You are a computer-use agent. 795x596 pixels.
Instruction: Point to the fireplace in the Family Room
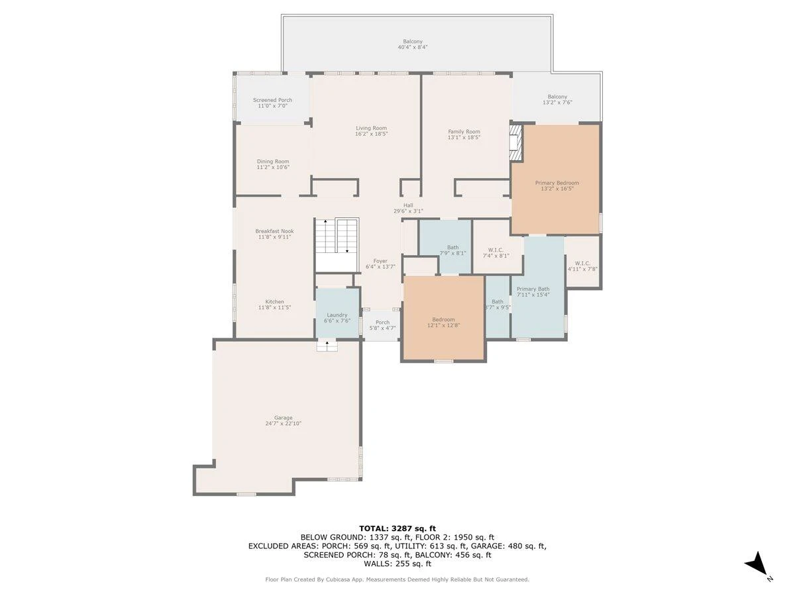(515, 142)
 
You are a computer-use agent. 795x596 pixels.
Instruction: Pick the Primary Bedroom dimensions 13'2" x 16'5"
(557, 189)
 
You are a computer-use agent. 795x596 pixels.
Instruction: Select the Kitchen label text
(274, 301)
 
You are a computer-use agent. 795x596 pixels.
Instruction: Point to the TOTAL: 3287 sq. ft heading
(397, 528)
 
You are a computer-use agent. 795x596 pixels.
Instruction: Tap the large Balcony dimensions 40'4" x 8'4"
(413, 47)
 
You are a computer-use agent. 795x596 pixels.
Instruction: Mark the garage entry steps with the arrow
(327, 346)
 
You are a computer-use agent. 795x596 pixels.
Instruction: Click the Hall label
(408, 205)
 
